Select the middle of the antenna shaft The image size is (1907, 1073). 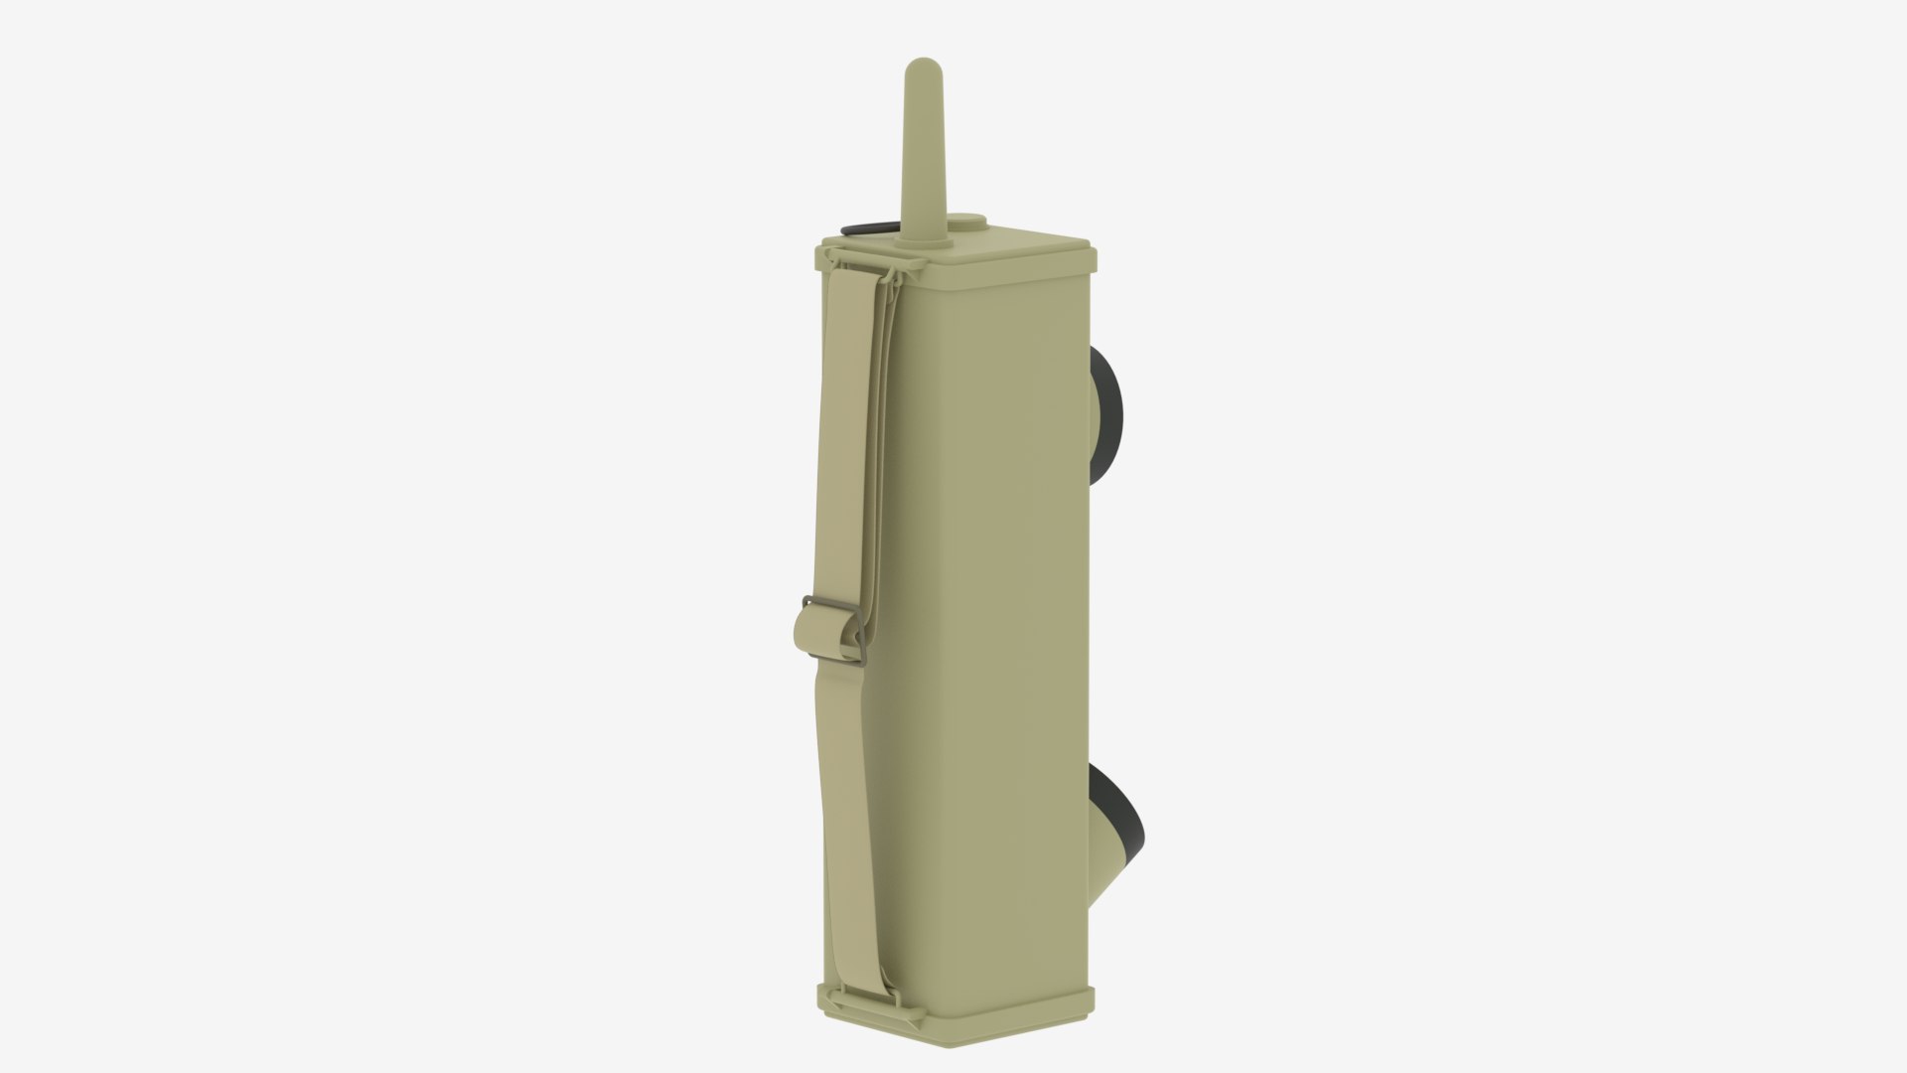pos(919,159)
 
